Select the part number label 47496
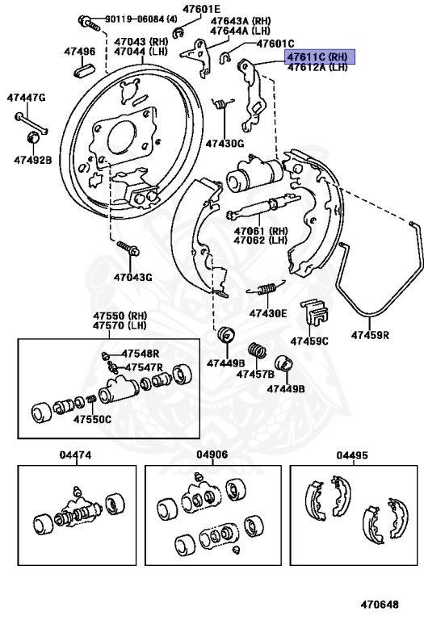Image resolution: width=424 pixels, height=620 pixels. [80, 52]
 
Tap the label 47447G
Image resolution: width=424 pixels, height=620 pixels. [27, 98]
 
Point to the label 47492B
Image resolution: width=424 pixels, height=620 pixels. [32, 160]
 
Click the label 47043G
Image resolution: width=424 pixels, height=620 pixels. [132, 278]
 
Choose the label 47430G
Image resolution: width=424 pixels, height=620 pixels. [224, 143]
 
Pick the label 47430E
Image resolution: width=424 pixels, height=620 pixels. [267, 313]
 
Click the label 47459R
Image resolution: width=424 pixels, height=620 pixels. [371, 334]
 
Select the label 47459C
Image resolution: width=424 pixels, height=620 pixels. [310, 340]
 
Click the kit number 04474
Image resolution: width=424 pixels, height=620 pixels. [75, 455]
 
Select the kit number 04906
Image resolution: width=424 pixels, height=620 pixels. [212, 455]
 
